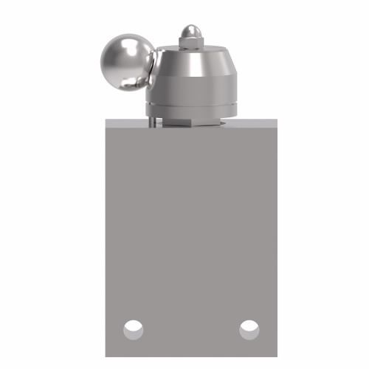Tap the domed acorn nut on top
[191, 32]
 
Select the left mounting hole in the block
[133, 327]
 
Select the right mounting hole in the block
[249, 327]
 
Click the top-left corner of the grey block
[106, 118]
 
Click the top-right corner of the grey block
[274, 118]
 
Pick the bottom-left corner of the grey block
[106, 357]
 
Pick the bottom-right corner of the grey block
[274, 357]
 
